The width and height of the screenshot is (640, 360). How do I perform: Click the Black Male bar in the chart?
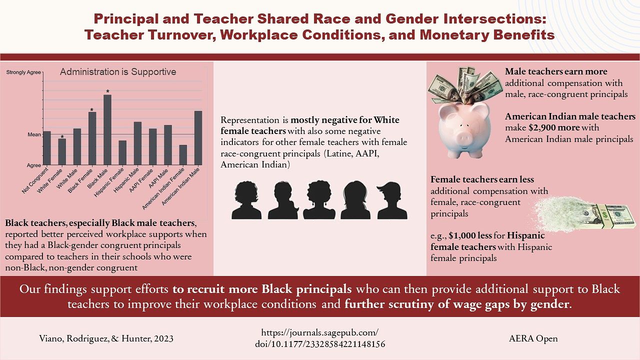[107, 129]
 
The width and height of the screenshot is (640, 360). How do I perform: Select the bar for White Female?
[62, 151]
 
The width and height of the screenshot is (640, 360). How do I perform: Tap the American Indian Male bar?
[198, 138]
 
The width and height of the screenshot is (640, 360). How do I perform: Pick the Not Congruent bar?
[47, 148]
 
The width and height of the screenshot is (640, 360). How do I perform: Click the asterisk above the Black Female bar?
[91, 110]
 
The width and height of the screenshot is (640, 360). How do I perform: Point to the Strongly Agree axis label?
[23, 72]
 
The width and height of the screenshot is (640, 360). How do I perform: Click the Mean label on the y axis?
[34, 134]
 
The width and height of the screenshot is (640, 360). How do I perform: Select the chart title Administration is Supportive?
[118, 71]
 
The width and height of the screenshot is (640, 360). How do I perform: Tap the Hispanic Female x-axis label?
[109, 182]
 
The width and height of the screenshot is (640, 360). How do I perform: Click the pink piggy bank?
[464, 130]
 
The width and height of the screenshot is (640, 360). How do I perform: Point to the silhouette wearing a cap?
[392, 200]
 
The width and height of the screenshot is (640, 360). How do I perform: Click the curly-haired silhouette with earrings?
[319, 200]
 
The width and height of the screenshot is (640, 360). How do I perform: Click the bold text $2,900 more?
[554, 127]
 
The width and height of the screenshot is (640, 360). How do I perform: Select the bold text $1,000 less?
[470, 235]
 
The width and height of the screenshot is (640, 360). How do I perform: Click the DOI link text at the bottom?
[320, 338]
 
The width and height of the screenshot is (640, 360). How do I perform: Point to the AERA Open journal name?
[533, 338]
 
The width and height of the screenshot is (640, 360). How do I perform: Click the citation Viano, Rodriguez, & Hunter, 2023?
[106, 338]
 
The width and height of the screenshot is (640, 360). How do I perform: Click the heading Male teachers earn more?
[556, 71]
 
